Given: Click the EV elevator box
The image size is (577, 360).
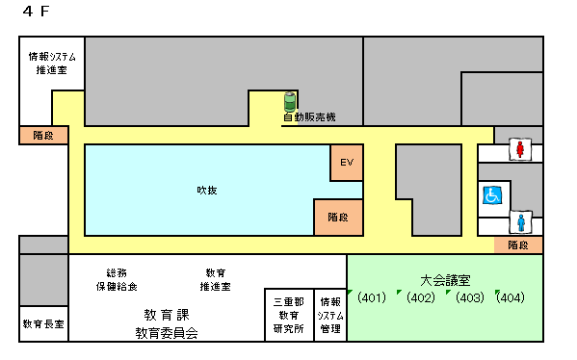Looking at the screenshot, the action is (x=348, y=163).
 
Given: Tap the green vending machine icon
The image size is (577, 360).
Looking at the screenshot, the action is (x=289, y=100).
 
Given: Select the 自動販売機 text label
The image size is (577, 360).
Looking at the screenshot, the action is (x=308, y=117).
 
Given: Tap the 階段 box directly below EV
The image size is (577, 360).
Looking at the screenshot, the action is (x=338, y=218).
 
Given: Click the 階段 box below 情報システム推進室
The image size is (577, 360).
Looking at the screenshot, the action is (x=44, y=136).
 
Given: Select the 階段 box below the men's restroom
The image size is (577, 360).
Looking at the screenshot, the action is (x=518, y=245).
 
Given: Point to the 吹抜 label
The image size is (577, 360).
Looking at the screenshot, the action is (x=207, y=190).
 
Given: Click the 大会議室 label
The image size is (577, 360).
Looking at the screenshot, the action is (x=445, y=280).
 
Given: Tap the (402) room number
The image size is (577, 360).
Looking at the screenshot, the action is (x=420, y=297).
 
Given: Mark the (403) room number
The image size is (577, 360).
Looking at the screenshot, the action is (x=469, y=297).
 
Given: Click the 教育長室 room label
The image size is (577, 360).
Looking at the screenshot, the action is (x=43, y=324).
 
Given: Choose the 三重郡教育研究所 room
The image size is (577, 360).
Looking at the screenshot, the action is (x=289, y=315).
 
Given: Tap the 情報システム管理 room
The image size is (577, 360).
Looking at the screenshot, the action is (x=329, y=315).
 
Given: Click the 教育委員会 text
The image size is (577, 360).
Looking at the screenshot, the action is (x=166, y=333).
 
